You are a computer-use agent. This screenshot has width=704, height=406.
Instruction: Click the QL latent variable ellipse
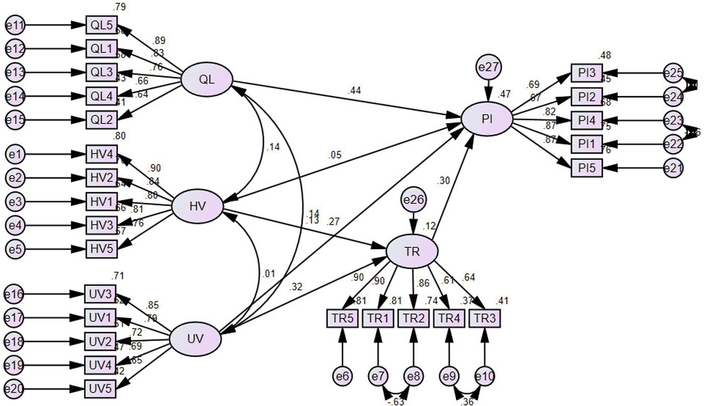click(207, 80)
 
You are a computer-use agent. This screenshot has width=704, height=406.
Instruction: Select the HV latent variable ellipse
click(197, 207)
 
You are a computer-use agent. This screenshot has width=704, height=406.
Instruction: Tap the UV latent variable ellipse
click(195, 339)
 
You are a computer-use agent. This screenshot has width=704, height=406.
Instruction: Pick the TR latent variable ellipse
click(412, 252)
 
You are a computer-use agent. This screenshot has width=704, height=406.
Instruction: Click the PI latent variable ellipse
click(487, 119)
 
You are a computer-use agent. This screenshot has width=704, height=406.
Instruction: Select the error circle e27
click(489, 67)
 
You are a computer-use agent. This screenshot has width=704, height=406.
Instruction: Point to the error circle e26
click(414, 200)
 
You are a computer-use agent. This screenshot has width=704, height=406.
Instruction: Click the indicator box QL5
click(101, 25)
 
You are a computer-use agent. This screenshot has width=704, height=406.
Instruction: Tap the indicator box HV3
click(101, 225)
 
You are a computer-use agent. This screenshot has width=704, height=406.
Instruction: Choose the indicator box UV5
click(100, 389)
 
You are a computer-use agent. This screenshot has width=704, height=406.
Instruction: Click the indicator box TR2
click(414, 319)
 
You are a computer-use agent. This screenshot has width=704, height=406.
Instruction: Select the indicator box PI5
click(586, 168)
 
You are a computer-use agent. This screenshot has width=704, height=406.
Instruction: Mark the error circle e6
click(342, 376)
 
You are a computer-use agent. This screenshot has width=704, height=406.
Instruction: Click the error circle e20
click(14, 389)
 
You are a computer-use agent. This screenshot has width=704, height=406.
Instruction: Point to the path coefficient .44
click(354, 91)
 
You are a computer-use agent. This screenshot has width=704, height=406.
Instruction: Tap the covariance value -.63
click(396, 401)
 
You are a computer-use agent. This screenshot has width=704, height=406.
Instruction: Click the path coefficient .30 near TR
click(443, 180)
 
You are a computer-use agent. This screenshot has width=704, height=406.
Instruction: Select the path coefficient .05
click(335, 155)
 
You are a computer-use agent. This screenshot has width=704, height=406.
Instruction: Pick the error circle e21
click(673, 168)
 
